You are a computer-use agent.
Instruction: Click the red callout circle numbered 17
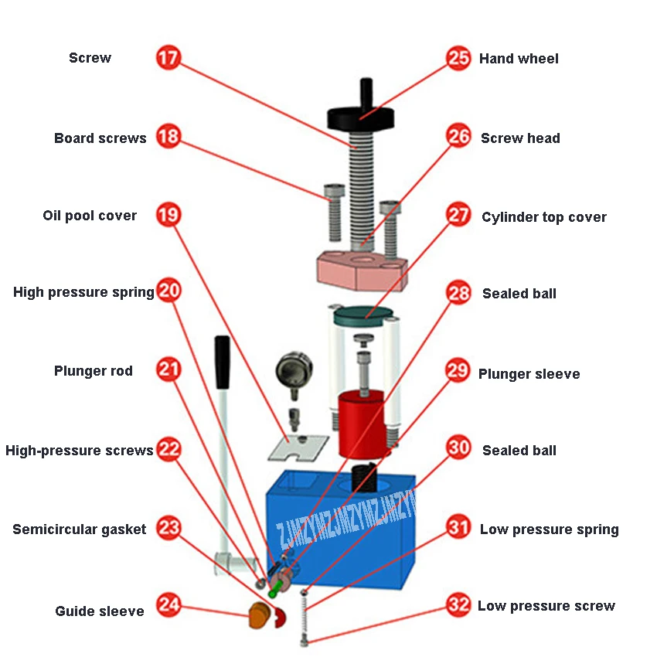(x=169, y=58)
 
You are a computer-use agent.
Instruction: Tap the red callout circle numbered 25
(x=458, y=58)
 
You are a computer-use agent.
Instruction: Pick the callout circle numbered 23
(x=169, y=529)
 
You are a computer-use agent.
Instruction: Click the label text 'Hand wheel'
(x=519, y=59)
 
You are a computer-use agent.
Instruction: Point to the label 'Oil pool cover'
(x=90, y=216)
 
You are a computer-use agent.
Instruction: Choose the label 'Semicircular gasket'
(x=79, y=529)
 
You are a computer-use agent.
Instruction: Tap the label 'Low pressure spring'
(x=549, y=529)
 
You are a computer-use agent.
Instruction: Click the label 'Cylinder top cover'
(x=543, y=217)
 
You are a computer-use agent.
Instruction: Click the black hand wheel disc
(x=361, y=118)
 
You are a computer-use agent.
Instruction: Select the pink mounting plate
(x=361, y=270)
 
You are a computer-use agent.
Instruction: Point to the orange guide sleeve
(x=259, y=617)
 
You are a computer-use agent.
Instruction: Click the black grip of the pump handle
(x=223, y=362)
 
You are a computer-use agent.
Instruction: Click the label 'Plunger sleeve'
(x=529, y=374)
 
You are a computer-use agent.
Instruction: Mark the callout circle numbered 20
(x=169, y=291)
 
